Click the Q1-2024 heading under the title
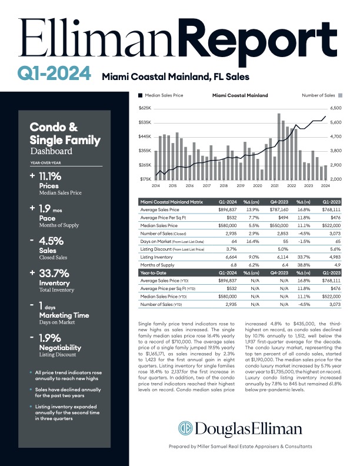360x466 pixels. [54, 74]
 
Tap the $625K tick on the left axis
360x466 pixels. [144, 108]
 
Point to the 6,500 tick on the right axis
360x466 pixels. [336, 108]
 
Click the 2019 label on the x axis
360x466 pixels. [240, 185]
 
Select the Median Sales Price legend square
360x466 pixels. [139, 95]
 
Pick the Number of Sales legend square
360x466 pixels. [341, 95]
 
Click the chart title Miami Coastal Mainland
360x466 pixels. [239, 95]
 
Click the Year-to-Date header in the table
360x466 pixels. [154, 274]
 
